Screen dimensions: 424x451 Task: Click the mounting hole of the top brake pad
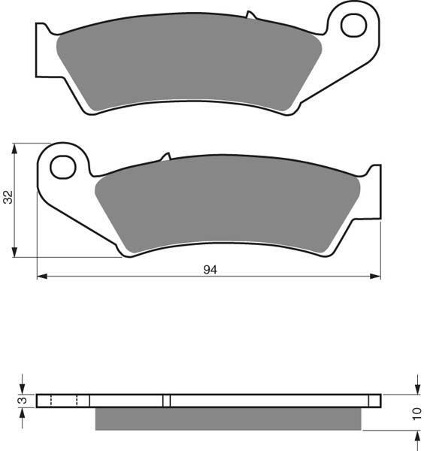[x=353, y=26]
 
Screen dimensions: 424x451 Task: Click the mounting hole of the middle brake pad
[x=63, y=167]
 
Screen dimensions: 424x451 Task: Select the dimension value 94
[x=210, y=270]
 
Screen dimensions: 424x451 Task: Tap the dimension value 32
[x=8, y=197]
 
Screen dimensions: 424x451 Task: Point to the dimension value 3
[x=23, y=400]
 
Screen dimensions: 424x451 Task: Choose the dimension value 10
[x=416, y=413]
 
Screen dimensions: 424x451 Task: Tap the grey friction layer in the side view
[x=228, y=419]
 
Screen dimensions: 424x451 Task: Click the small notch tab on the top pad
[x=250, y=15]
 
